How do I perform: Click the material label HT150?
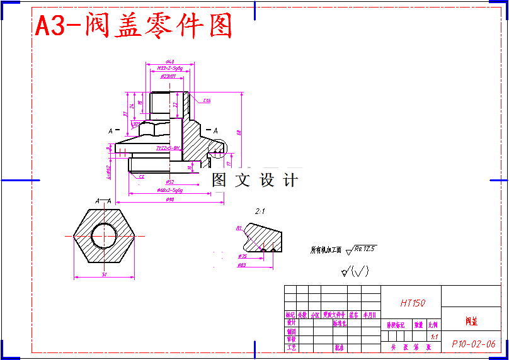(413, 303)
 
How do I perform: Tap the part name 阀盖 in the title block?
(472, 322)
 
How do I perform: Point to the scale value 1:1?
(434, 337)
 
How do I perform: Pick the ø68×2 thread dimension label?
(169, 190)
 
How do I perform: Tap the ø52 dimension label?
(169, 182)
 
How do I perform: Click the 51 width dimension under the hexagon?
(105, 274)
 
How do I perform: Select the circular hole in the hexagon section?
(104, 237)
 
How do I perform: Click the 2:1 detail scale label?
(261, 211)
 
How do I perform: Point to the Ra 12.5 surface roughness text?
(365, 249)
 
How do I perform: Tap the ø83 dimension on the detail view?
(241, 266)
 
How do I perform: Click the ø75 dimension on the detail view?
(242, 257)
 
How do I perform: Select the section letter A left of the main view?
(110, 130)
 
